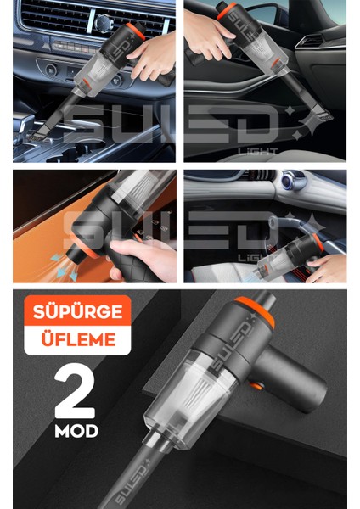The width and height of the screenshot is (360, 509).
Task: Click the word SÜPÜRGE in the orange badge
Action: coord(77,311)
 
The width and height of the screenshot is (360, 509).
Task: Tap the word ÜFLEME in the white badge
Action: coord(78,338)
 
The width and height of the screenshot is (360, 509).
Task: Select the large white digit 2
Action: coord(75,390)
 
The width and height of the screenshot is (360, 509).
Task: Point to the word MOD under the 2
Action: coord(76,431)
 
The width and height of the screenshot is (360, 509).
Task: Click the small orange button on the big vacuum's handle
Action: coord(256,386)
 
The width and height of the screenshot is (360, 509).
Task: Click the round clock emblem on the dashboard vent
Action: coord(104,24)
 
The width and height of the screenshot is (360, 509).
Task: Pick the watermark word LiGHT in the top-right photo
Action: coord(258,151)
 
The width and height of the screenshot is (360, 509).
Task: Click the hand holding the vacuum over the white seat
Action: coord(326,268)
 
